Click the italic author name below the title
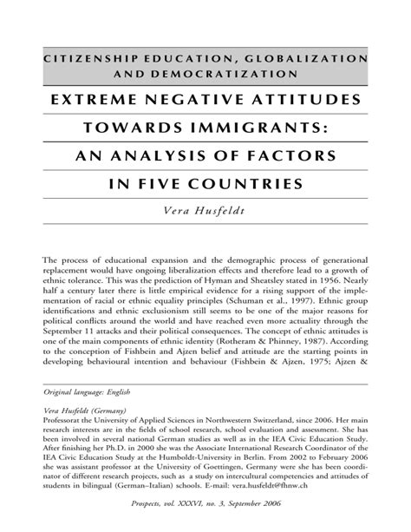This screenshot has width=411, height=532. tap(205, 212)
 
